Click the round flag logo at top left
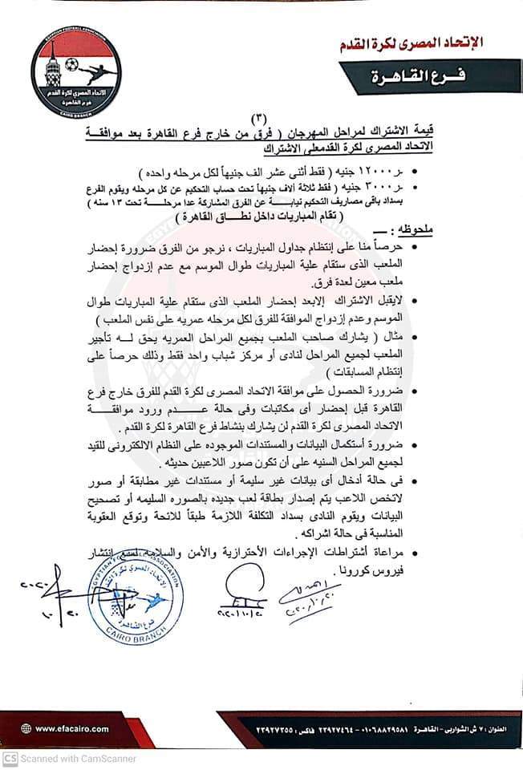pos(76,71)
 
